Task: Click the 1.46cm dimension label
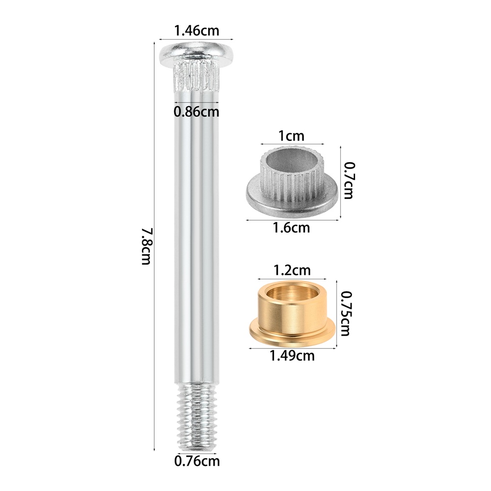pos(197,30)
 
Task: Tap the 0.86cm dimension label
pos(196,112)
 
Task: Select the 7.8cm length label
pos(147,246)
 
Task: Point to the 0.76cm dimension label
pos(197,461)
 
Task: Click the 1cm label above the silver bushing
pos(291,136)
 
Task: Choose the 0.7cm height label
pos(348,180)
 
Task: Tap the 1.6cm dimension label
pos(291,228)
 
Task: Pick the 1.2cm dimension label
pos(292,270)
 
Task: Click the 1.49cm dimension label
pos(292,355)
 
